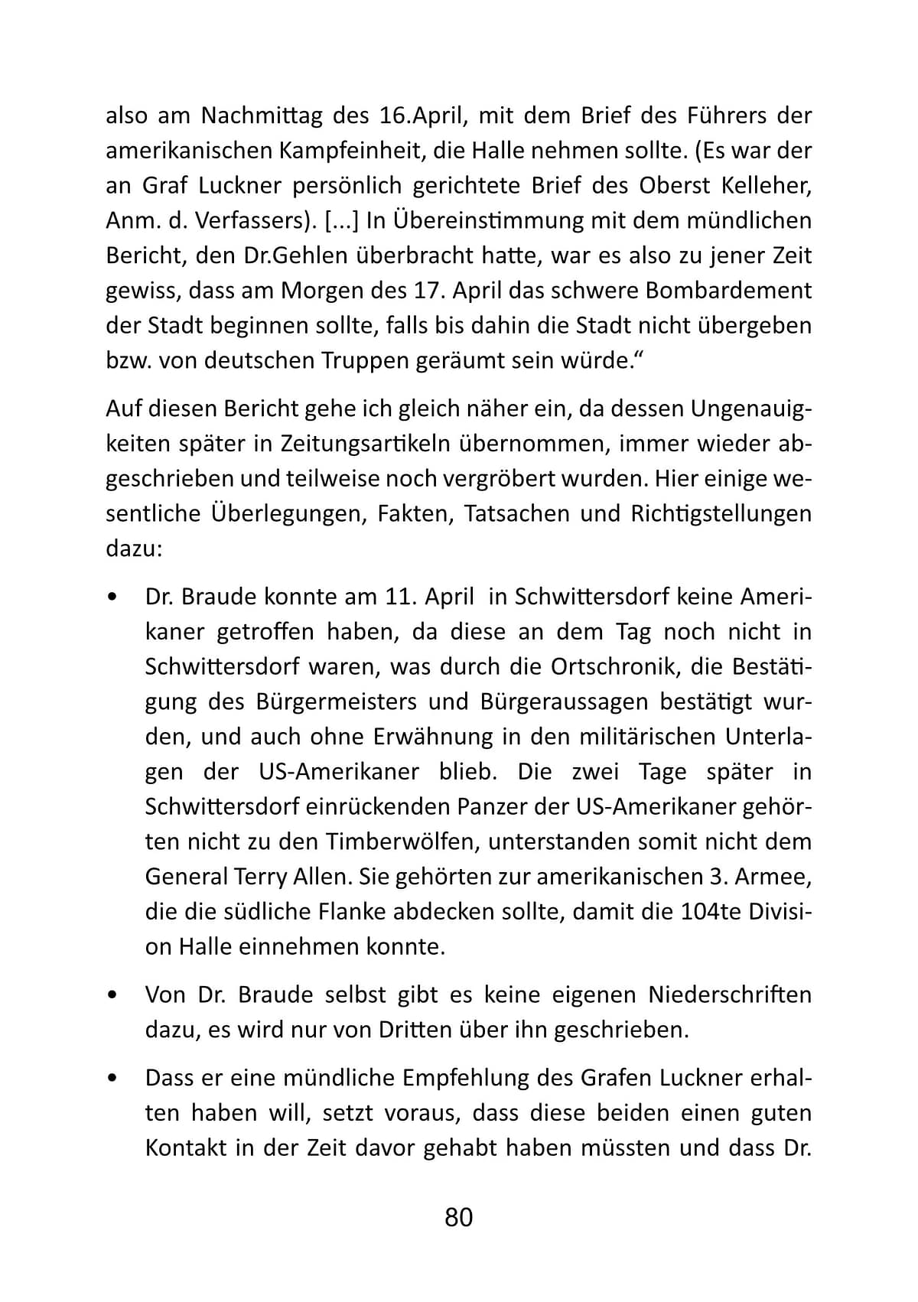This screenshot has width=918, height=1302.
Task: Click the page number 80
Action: pyautogui.click(x=458, y=1216)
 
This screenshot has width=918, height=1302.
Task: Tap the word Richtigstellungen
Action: pyautogui.click(x=721, y=513)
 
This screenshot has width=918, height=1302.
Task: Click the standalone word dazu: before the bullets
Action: pyautogui.click(x=133, y=548)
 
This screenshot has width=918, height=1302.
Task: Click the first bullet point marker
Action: pyautogui.click(x=112, y=597)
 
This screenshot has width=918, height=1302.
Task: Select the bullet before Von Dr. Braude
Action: pyautogui.click(x=112, y=995)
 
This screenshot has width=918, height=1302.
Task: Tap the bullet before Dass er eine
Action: pyautogui.click(x=112, y=1079)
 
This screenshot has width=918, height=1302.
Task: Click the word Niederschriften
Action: pyautogui.click(x=730, y=994)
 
